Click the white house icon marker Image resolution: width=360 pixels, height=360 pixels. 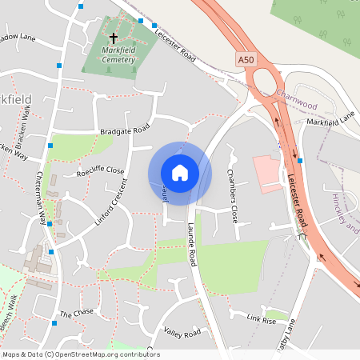[179, 173]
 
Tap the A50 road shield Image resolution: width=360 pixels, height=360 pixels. [247, 61]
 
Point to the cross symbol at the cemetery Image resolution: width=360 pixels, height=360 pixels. [113, 38]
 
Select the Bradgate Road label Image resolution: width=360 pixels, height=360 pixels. [125, 130]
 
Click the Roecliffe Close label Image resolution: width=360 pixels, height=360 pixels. [100, 171]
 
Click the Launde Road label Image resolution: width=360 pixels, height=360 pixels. [193, 243]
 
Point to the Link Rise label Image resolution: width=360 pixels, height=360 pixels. [261, 319]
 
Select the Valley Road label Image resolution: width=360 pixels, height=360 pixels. [180, 332]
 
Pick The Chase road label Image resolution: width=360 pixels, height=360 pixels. [77, 314]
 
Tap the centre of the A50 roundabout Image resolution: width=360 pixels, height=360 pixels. [263, 81]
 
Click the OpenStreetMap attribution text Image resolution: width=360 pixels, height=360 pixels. [80, 354]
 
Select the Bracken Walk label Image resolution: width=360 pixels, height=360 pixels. [25, 124]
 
